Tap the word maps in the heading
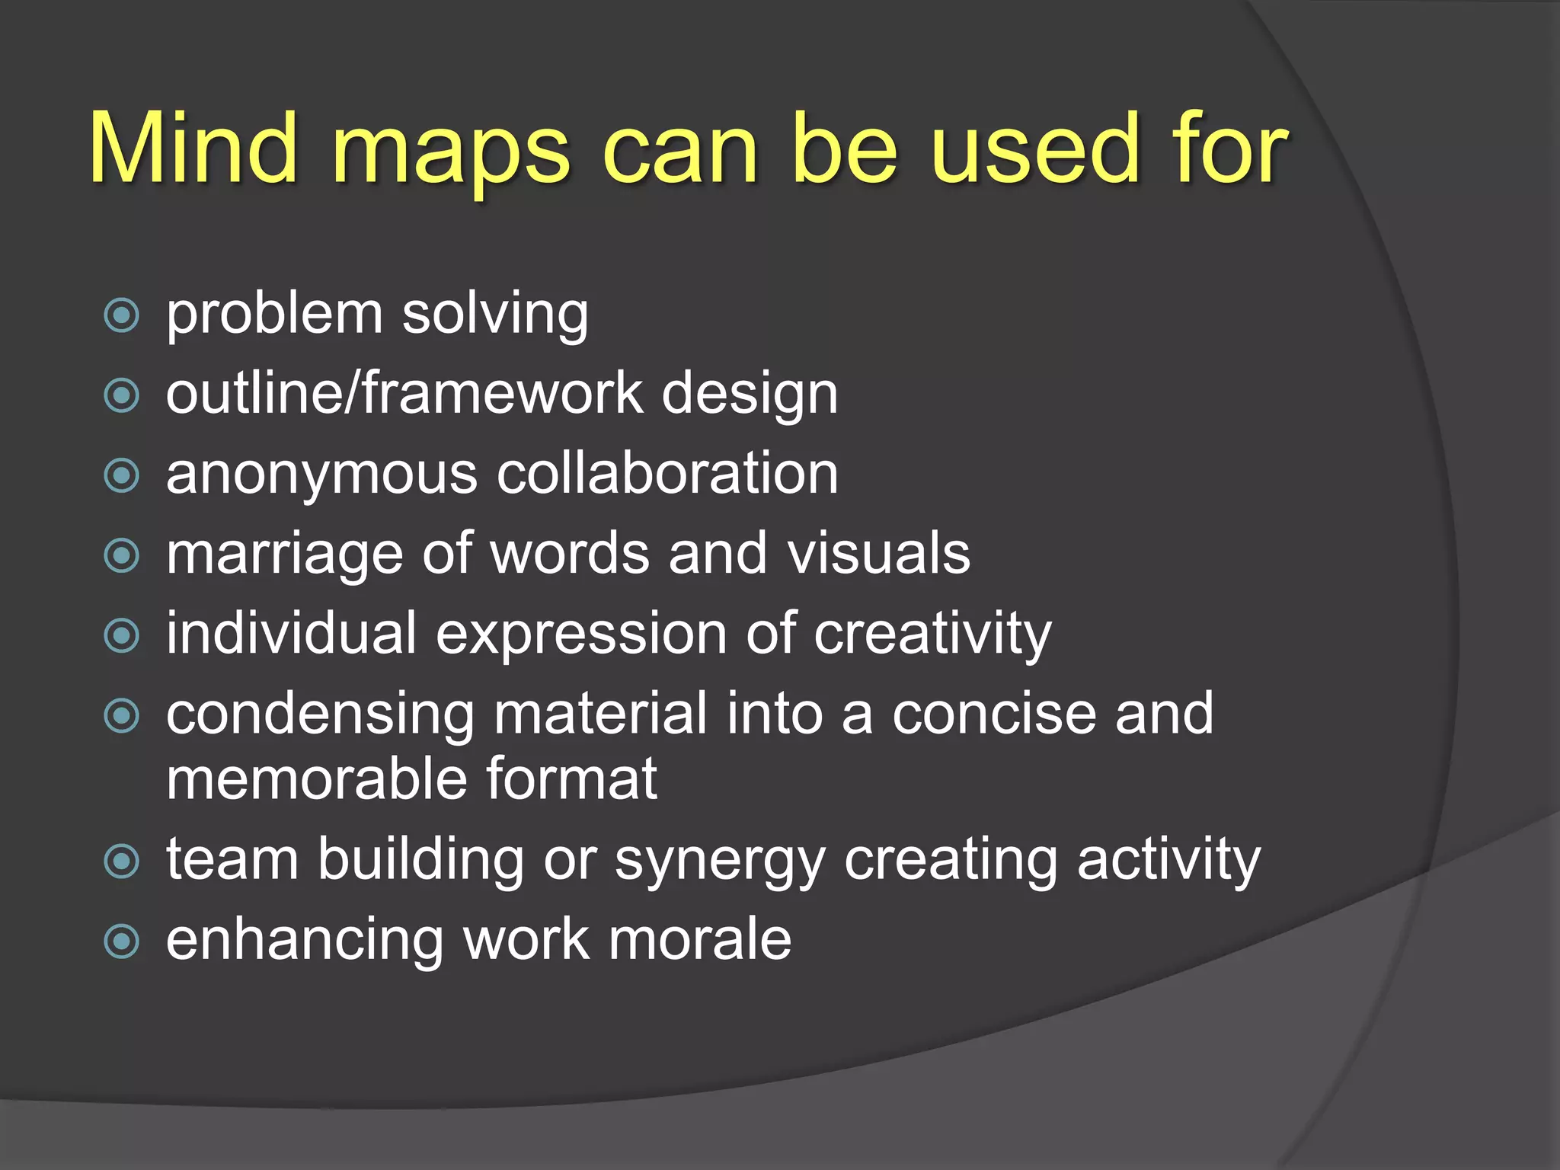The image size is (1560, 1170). (x=450, y=152)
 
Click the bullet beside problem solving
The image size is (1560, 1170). (x=122, y=315)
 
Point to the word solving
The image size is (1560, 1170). (x=495, y=315)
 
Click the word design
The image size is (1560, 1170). (x=750, y=395)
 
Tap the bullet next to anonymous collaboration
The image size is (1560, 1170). (x=122, y=475)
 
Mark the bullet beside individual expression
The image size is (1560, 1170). (x=122, y=635)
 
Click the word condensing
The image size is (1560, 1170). (x=321, y=715)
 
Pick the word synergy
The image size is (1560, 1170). (x=720, y=862)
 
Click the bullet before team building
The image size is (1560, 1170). (x=122, y=861)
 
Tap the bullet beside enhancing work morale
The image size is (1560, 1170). (x=122, y=941)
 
